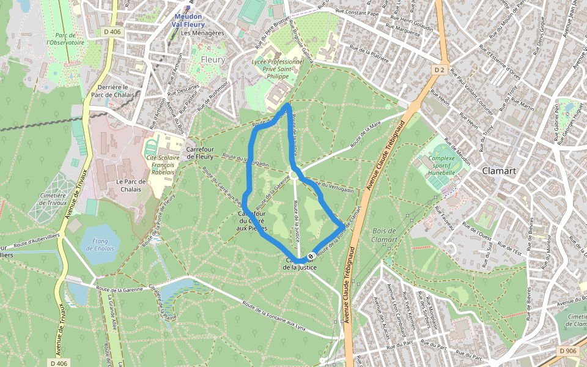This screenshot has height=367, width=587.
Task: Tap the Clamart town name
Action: [500, 171]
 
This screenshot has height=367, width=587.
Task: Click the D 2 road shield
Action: [439, 70]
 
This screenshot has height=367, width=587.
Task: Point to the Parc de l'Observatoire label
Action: [65, 39]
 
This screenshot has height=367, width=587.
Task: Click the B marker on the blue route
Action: [311, 256]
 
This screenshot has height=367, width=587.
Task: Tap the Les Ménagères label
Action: [203, 33]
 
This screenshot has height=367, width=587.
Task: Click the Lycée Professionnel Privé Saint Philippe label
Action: [278, 69]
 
